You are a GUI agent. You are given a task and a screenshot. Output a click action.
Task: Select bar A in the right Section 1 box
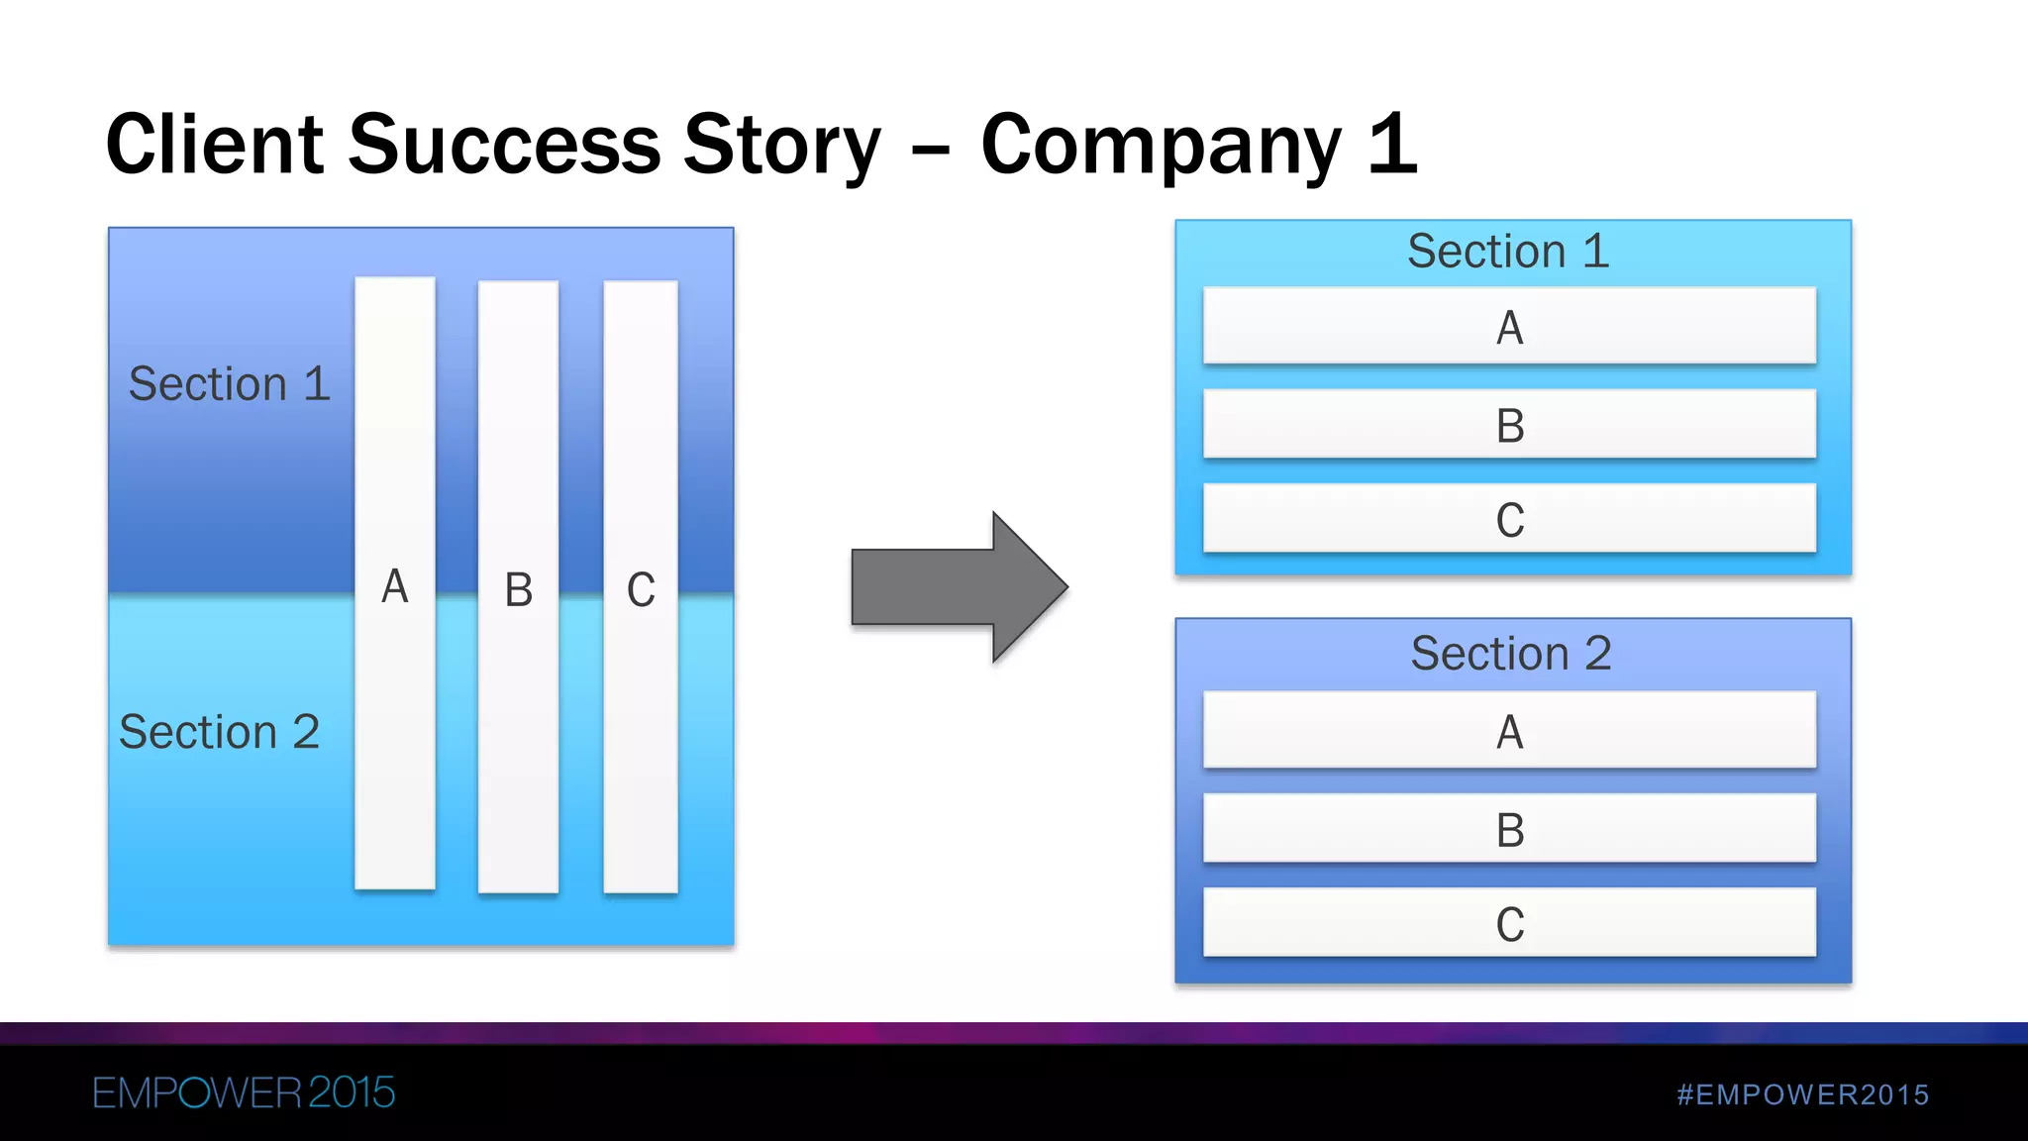pos(1509,327)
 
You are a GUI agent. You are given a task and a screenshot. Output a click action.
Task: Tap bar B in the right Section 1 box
pos(1509,425)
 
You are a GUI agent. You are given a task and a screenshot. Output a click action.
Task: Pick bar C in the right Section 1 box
pos(1509,519)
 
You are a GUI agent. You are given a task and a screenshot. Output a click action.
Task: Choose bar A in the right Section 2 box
pos(1509,731)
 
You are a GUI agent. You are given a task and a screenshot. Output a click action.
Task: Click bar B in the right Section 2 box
pos(1509,829)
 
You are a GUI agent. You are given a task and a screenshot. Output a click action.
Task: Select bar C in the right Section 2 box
pos(1509,923)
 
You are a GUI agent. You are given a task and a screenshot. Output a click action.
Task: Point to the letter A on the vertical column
pos(395,586)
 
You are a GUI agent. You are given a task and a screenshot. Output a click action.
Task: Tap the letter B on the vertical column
pos(519,590)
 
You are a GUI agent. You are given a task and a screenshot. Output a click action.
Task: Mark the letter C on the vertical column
pos(641,590)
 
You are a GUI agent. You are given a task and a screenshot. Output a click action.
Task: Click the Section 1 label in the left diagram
pos(229,384)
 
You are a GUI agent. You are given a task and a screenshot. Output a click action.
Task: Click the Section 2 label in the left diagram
pos(219,732)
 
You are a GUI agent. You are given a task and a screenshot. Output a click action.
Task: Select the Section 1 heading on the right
pos(1508,251)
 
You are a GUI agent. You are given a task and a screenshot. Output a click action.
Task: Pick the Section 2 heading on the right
pos(1511,654)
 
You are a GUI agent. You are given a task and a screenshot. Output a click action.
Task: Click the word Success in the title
pos(504,145)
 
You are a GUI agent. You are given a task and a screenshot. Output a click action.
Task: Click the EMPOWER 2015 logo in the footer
pos(244,1093)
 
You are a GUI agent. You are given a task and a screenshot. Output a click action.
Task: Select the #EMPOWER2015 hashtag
pos(1802,1094)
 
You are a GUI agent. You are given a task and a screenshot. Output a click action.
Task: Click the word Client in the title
pos(215,145)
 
